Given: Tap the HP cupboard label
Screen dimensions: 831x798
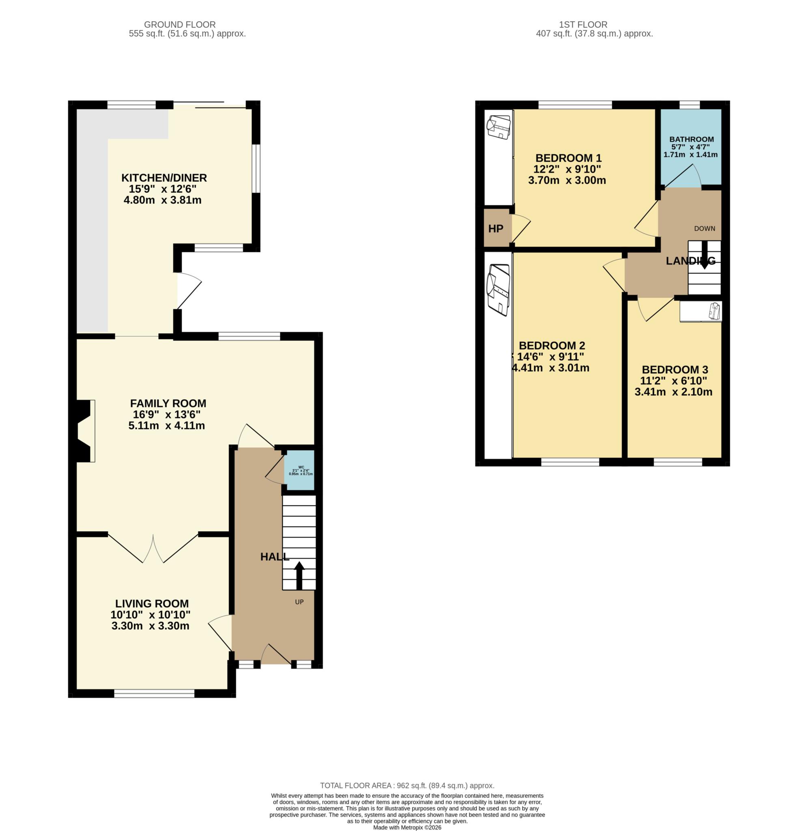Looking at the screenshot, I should coord(495,228).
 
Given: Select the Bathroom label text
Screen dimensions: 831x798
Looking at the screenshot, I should coord(691,139).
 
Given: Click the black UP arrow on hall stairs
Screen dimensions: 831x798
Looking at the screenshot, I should coord(299,575).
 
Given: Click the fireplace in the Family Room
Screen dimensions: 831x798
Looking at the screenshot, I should coord(84,431).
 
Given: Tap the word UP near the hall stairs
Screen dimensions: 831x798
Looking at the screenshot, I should coord(299,602).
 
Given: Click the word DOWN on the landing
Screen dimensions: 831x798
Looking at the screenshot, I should coord(704,228).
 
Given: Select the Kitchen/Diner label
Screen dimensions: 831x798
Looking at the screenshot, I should coord(163,178).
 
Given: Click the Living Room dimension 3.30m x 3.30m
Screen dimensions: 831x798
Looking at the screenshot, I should coord(150,626).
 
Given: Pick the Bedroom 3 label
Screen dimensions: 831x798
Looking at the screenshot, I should coord(675,369).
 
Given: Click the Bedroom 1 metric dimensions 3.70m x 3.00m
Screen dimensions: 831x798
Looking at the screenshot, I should coord(566,180).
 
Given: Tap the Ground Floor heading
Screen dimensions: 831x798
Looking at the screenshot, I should coord(179,25).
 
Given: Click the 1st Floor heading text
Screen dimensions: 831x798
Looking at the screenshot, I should coord(583,25).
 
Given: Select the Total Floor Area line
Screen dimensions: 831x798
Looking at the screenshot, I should coord(407,786).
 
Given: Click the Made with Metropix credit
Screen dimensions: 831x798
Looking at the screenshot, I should coord(407,827).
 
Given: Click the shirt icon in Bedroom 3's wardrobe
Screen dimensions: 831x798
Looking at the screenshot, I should coord(714,311).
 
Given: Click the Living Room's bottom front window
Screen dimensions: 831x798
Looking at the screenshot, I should coord(154,693).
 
